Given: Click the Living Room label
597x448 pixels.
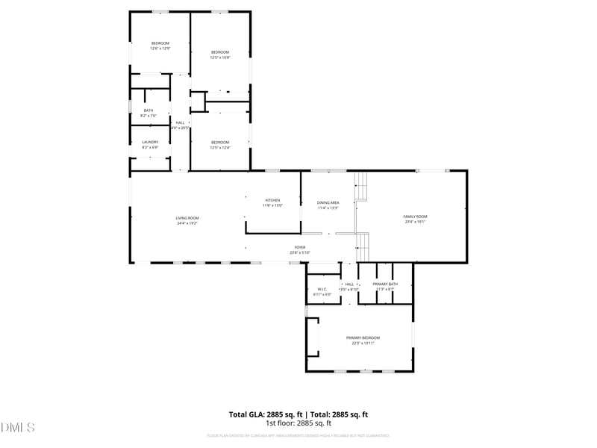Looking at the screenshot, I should [x=187, y=218].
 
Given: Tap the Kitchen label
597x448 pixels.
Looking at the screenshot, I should [x=272, y=200].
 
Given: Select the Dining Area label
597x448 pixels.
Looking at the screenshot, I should [x=328, y=203].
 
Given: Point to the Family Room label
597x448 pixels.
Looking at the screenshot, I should [x=415, y=217].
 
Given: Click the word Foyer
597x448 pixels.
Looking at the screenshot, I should [x=299, y=247].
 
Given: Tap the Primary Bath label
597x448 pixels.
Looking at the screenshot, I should [x=385, y=284].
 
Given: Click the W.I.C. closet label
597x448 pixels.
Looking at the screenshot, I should [x=322, y=289].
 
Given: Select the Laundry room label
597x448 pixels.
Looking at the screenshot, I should [x=150, y=142].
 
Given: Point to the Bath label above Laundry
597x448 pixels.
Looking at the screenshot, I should [x=149, y=111].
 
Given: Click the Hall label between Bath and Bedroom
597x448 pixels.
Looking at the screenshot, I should [x=180, y=122].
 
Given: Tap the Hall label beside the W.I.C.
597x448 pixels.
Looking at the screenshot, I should [x=349, y=284].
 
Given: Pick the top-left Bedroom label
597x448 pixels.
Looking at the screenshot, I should [x=160, y=43].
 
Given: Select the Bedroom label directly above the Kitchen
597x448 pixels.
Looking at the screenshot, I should [x=219, y=142].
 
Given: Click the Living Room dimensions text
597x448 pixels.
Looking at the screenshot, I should [x=187, y=223].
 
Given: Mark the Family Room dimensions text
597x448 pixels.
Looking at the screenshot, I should [x=415, y=222].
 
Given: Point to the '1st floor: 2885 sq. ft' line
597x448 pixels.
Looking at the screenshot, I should [x=298, y=423].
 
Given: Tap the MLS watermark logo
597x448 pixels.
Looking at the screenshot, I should [x=18, y=428].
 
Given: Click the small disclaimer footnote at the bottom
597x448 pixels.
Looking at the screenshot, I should [x=298, y=435].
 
